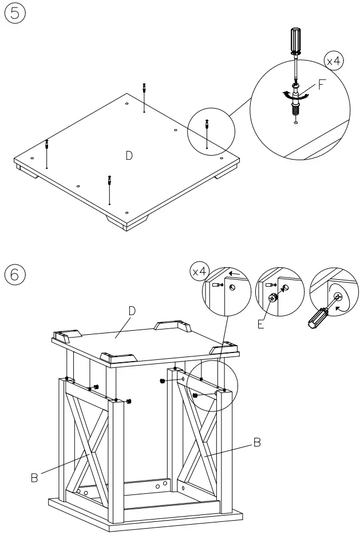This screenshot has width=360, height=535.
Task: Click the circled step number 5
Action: (14, 14)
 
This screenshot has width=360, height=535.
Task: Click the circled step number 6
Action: (14, 274)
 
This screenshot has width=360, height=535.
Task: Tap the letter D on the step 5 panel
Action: (129, 155)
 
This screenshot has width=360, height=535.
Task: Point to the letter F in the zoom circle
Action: (322, 86)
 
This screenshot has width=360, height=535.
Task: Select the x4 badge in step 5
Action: (334, 60)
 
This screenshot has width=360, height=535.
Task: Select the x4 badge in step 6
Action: (199, 272)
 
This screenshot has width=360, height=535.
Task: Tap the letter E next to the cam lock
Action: (261, 324)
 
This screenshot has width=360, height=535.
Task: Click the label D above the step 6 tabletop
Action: (132, 311)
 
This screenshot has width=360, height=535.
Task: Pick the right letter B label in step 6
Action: (257, 442)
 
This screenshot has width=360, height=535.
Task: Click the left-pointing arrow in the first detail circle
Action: (235, 275)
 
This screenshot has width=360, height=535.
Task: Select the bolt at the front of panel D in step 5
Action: (109, 181)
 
